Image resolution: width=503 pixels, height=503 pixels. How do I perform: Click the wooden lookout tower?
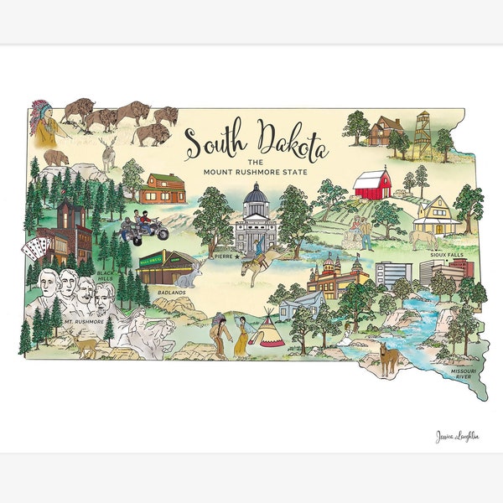(x=423, y=134)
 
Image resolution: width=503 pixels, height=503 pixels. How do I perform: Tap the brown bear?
(x=57, y=157)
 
